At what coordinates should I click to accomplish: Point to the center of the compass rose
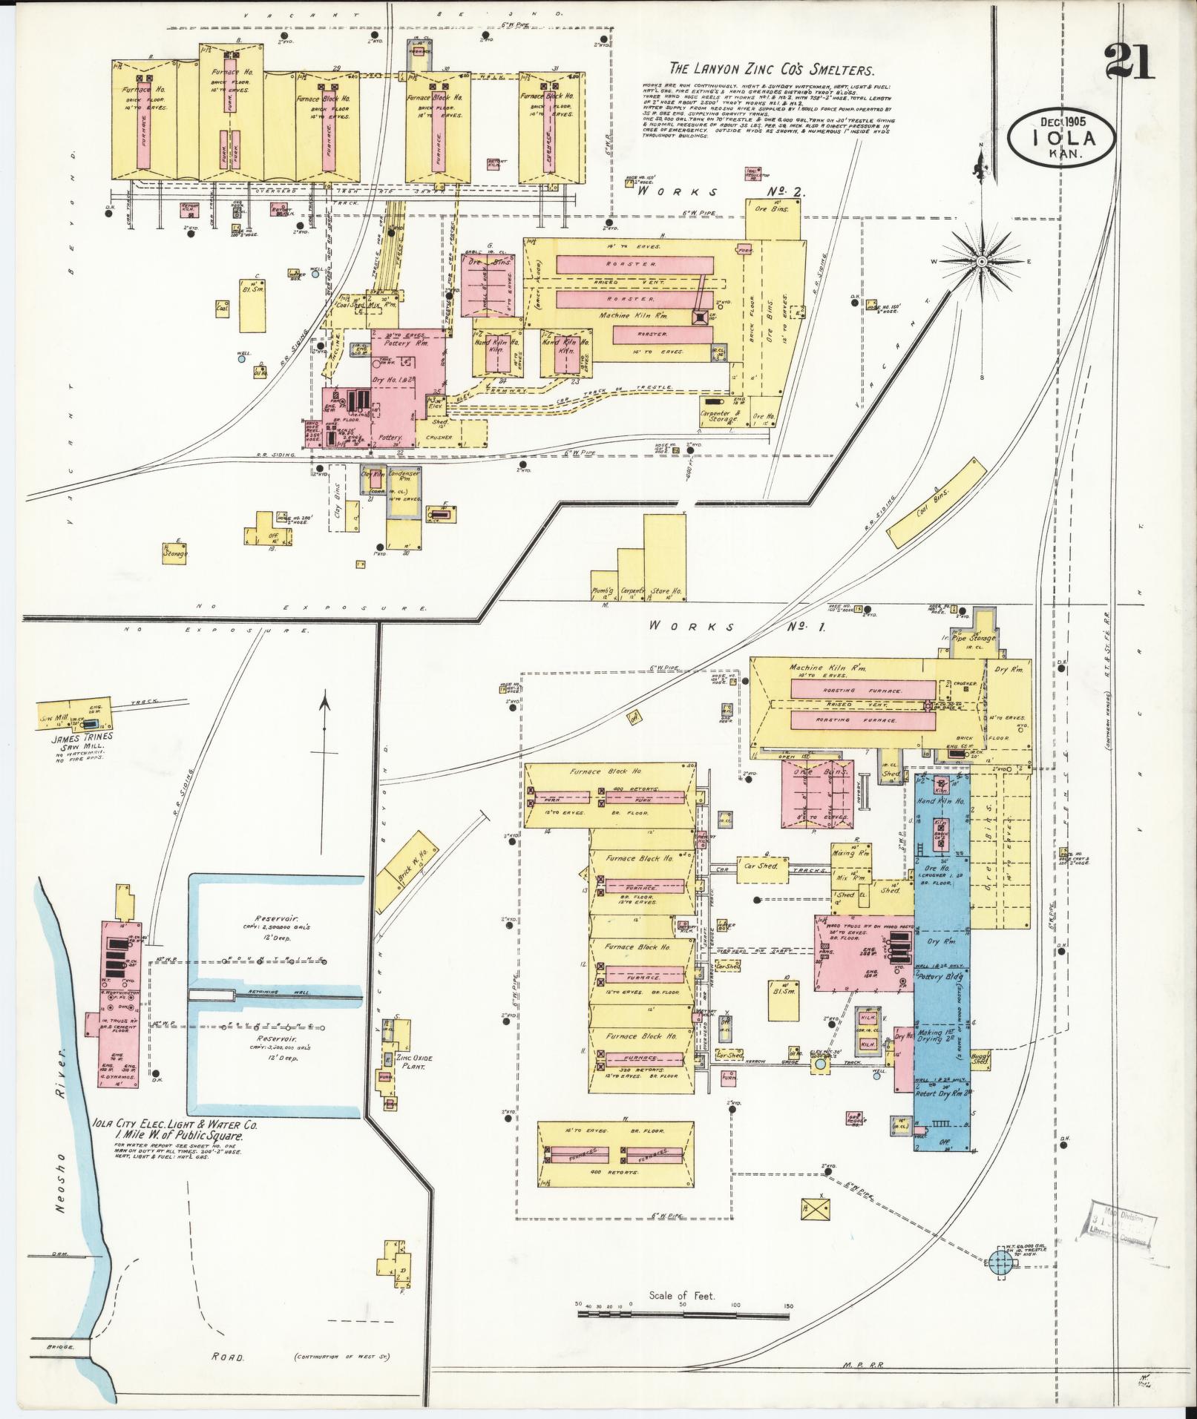point(982,261)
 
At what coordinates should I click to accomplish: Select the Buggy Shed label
point(980,1057)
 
